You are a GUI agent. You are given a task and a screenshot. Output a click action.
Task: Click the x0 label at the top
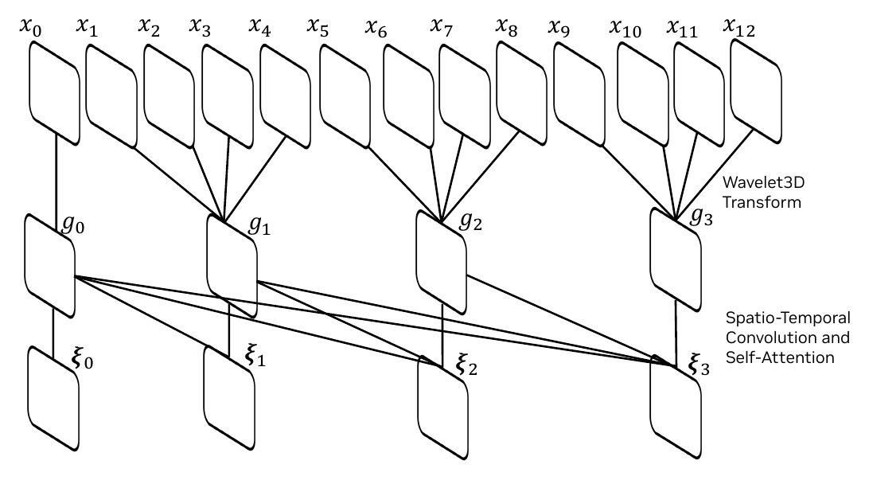point(30,26)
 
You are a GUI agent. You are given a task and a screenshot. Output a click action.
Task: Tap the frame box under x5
point(345,96)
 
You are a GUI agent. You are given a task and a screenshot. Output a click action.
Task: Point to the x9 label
point(559,28)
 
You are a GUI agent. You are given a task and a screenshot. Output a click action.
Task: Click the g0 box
point(50,266)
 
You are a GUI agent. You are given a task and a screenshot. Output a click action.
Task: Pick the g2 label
point(471,220)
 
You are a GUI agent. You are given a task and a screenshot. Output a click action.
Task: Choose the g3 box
point(676,260)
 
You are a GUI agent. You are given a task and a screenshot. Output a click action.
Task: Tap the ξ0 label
point(83,358)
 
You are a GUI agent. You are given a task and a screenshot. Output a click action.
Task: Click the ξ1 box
point(229,397)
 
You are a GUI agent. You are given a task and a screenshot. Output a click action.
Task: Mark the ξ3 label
point(699,365)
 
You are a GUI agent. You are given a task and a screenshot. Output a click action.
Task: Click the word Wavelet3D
point(764,181)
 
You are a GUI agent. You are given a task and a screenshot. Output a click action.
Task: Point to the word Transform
point(762,201)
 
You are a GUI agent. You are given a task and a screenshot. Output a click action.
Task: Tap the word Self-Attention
point(781,357)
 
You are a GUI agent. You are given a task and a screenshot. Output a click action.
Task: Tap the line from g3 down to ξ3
point(675,333)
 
